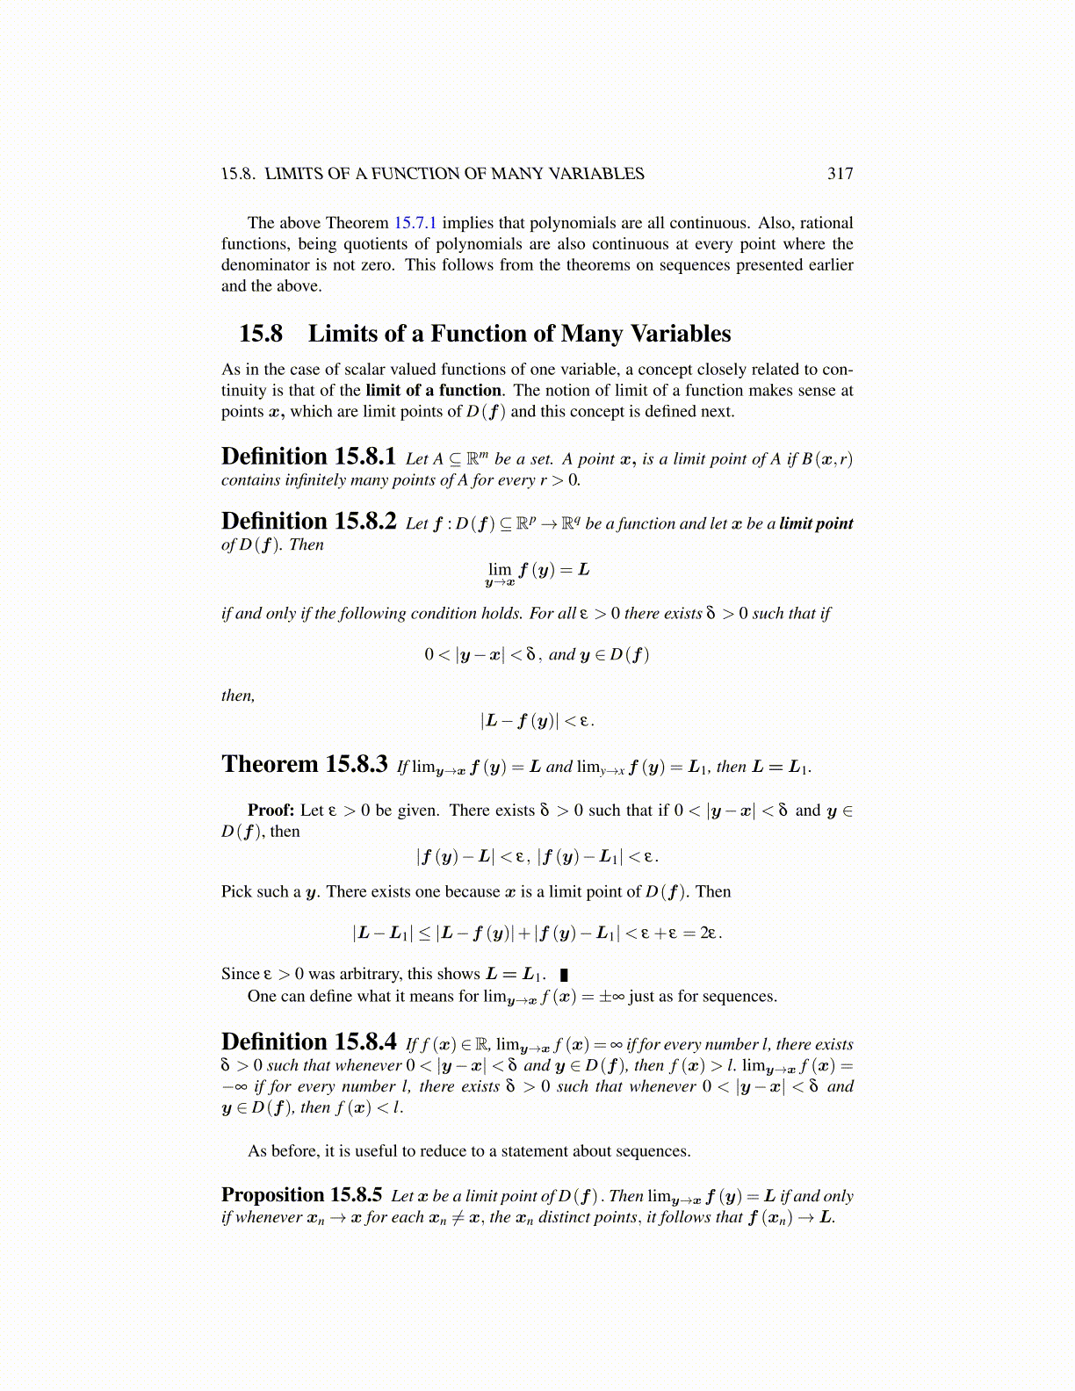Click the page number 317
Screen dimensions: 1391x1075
point(840,174)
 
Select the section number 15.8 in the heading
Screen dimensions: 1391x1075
point(261,335)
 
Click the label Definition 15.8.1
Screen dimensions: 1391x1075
point(308,458)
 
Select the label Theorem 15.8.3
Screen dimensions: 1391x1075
point(304,765)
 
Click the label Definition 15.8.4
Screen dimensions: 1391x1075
point(308,1043)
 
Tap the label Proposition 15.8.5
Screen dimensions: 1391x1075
point(301,1195)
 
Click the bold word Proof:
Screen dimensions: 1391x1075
point(271,811)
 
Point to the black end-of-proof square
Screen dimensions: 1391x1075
point(564,975)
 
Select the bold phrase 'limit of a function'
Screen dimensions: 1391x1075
point(433,391)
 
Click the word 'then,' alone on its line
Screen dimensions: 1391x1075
point(238,696)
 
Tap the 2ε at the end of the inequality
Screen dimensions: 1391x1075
point(711,933)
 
